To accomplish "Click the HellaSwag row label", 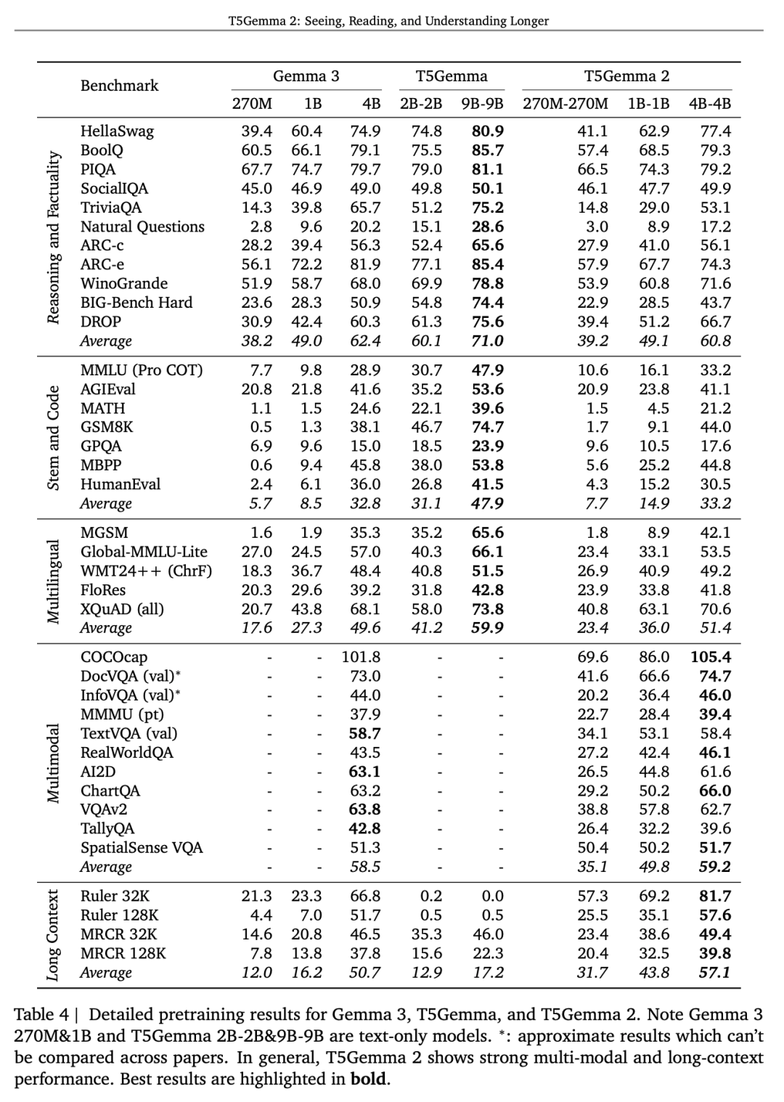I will (117, 131).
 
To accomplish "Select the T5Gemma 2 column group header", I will (626, 76).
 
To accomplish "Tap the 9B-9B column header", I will (482, 103).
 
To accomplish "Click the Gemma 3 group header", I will (306, 76).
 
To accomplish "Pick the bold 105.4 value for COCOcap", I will (710, 657).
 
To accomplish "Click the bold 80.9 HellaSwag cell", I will (487, 131).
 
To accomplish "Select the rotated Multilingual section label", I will (53, 581).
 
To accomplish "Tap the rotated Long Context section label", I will (53, 935).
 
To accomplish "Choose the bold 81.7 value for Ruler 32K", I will (714, 897).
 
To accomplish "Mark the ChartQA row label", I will (110, 791).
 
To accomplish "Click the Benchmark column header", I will (119, 86).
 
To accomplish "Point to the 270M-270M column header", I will (565, 103).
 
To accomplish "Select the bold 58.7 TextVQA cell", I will (364, 733).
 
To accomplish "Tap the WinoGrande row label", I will (124, 284).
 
